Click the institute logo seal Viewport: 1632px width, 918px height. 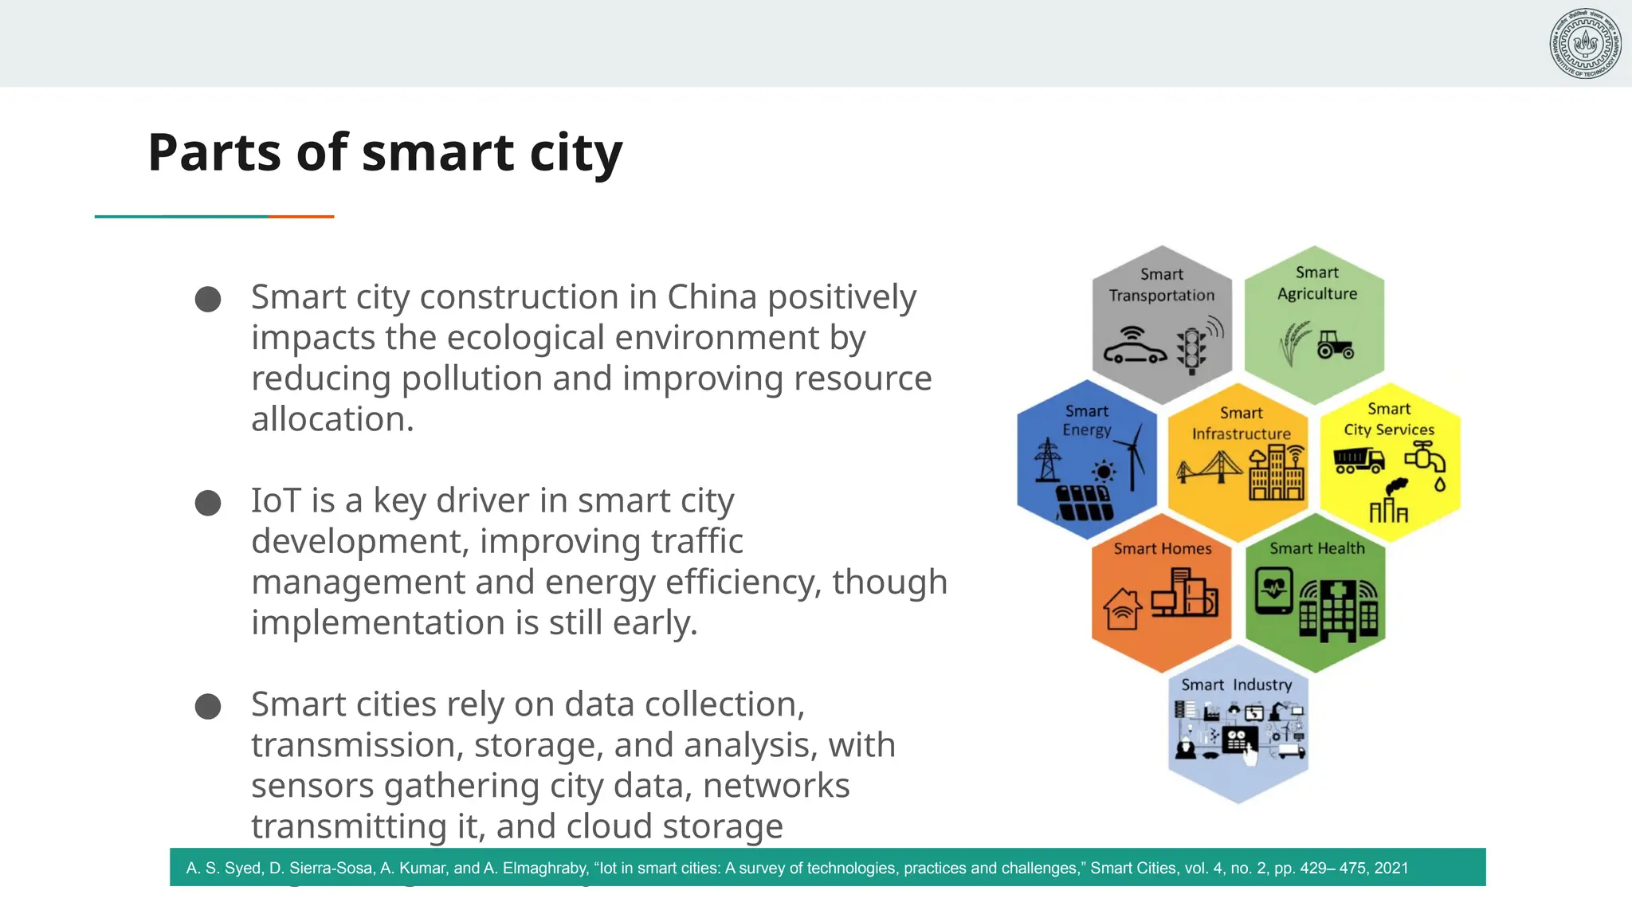[x=1585, y=43]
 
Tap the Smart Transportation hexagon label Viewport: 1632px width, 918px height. [x=1161, y=284]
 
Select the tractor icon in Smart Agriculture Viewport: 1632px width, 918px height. [x=1335, y=345]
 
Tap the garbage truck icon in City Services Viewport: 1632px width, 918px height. [x=1359, y=460]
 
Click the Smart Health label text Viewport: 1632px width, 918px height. [x=1316, y=548]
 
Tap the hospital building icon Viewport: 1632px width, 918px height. [x=1338, y=610]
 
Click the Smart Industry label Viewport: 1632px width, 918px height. [x=1236, y=685]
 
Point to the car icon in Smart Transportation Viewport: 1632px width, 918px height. [x=1134, y=349]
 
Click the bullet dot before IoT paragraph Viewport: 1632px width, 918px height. [x=208, y=503]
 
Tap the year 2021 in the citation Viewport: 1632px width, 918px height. [x=1391, y=868]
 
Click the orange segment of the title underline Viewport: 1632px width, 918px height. [x=301, y=216]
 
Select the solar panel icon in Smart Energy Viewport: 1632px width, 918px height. [x=1084, y=502]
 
